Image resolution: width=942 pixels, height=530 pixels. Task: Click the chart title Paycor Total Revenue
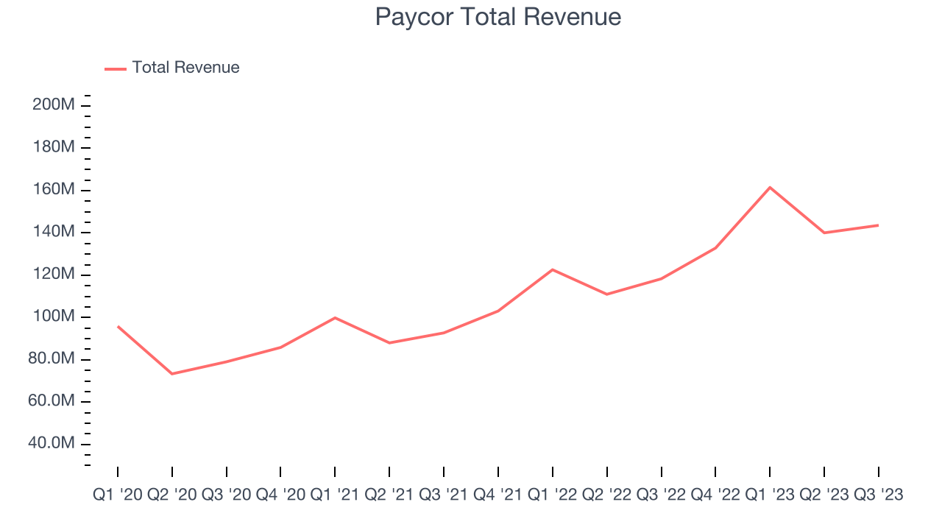497,17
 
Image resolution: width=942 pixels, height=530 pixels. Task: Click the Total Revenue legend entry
185,68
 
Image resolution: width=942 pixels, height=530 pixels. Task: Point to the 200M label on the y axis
53,105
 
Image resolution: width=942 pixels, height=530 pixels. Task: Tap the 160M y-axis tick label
53,190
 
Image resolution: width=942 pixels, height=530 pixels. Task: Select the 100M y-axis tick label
53,317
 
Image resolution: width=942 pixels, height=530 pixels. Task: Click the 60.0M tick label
53,401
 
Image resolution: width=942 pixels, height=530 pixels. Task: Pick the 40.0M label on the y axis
53,444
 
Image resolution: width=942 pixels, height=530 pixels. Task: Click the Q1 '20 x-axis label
118,495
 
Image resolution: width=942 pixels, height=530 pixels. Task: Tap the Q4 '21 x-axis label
498,495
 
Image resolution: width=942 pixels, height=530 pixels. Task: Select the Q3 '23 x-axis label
878,495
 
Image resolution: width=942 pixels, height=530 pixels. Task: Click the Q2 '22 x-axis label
607,495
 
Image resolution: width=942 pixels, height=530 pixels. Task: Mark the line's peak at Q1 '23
770,187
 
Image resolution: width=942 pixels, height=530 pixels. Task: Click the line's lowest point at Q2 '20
172,374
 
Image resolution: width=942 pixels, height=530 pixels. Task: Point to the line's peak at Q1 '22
553,269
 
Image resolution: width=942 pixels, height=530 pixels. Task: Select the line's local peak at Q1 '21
335,318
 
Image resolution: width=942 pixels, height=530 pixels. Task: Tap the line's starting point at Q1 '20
118,326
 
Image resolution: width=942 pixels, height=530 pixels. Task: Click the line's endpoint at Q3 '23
878,225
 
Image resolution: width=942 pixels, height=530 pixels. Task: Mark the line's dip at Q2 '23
824,233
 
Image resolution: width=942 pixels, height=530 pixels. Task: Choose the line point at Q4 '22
715,248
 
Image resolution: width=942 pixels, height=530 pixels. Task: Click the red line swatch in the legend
116,68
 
